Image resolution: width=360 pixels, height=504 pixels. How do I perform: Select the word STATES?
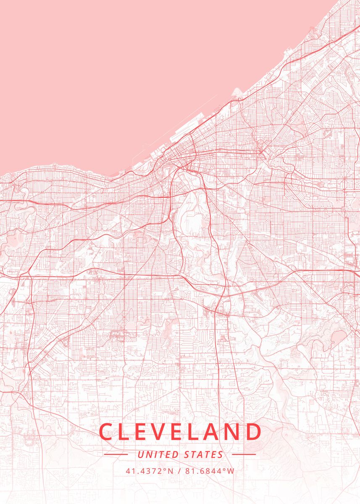[204, 454]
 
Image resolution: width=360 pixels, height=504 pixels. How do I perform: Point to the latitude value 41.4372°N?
[149, 471]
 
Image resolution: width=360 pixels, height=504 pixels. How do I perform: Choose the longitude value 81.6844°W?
[210, 471]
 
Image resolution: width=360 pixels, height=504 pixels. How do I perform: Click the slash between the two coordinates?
[179, 471]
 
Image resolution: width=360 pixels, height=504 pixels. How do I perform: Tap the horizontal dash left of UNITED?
[116, 454]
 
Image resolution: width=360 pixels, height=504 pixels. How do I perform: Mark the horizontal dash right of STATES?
[244, 454]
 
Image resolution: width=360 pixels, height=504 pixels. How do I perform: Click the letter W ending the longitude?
[231, 471]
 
